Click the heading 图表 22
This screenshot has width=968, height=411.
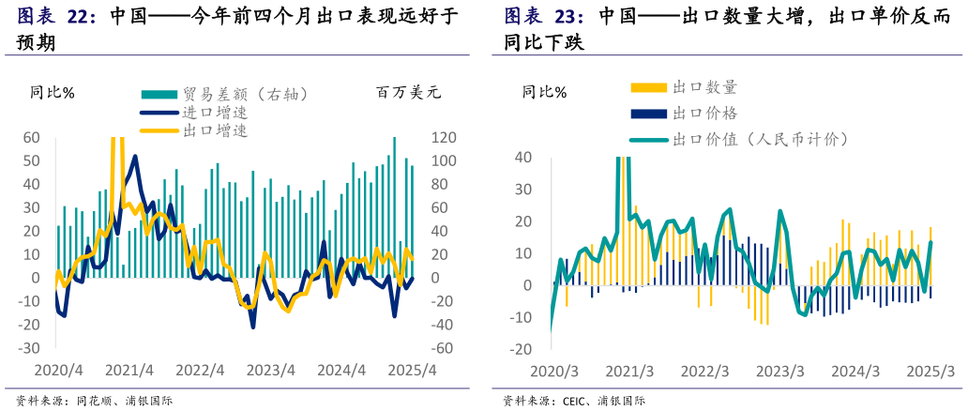tap(57, 17)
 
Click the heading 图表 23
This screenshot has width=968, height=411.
tap(544, 17)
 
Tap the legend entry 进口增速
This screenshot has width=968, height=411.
tap(215, 113)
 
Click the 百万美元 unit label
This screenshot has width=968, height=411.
tap(408, 92)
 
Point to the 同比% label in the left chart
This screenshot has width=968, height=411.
tap(53, 92)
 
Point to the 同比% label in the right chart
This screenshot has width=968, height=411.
tap(544, 92)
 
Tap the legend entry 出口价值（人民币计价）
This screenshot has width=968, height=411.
tap(761, 140)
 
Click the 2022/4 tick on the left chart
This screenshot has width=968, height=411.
tap(200, 370)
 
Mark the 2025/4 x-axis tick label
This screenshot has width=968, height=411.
tap(414, 370)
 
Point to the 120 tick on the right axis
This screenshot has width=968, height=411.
tap(443, 138)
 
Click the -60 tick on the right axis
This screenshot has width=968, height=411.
tap(443, 348)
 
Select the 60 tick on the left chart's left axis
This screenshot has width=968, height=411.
tap(31, 138)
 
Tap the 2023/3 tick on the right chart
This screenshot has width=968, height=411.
tap(780, 371)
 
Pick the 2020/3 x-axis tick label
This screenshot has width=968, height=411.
tap(554, 371)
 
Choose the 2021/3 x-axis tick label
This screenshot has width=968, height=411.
tap(630, 371)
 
